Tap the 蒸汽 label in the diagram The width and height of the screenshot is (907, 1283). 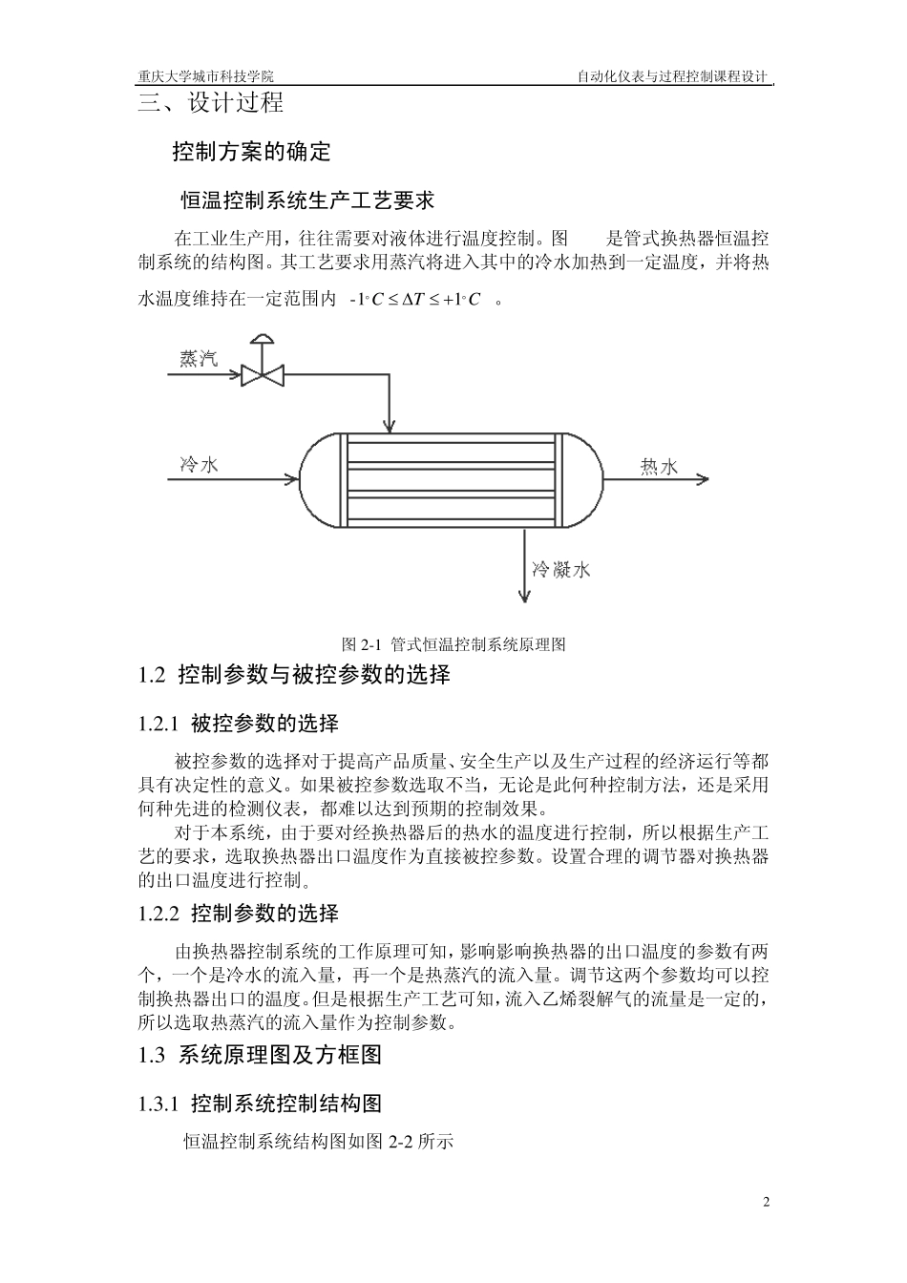(x=199, y=359)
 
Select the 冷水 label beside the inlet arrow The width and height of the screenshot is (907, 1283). (x=200, y=465)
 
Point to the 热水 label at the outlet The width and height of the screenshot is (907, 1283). (x=659, y=466)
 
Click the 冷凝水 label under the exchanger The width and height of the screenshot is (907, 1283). (x=561, y=570)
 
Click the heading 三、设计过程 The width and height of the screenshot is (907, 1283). (x=211, y=103)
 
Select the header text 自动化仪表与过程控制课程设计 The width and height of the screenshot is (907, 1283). (x=672, y=77)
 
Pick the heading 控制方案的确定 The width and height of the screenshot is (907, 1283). (x=251, y=151)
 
